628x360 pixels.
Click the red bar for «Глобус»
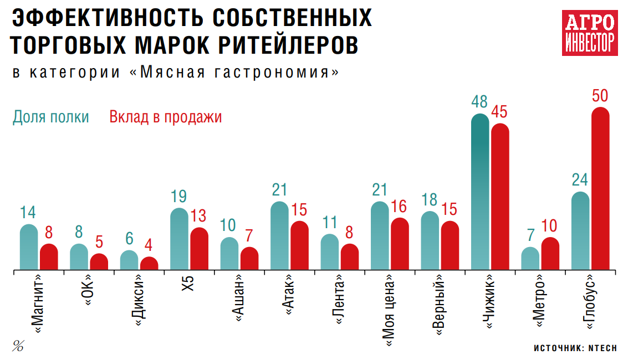pos(600,188)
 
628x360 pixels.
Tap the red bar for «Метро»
pos(550,254)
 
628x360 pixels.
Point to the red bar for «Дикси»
pos(149,264)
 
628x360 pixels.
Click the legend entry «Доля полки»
pos(51,117)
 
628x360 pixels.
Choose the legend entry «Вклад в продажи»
pos(166,117)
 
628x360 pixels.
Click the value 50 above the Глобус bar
pos(600,96)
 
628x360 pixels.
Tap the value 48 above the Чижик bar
pos(479,102)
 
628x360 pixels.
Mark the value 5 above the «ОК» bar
pos(99,243)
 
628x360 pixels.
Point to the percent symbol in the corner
pos(18,347)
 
